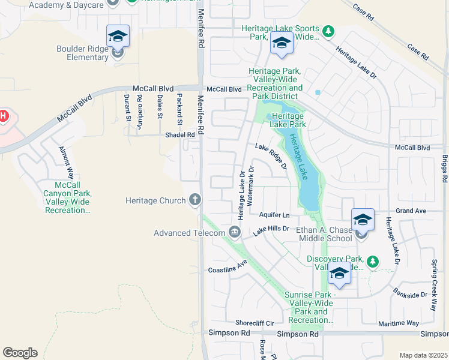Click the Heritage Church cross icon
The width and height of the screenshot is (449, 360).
(194, 200)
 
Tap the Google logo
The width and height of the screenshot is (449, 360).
(20, 353)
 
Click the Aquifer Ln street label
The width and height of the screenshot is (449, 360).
(274, 215)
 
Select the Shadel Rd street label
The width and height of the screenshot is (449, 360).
(180, 135)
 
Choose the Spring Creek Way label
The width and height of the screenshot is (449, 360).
(433, 284)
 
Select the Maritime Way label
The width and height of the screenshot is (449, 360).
(399, 323)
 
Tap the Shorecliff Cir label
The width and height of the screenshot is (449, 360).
(254, 323)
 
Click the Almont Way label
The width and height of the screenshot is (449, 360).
(65, 161)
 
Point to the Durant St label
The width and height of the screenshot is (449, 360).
(127, 107)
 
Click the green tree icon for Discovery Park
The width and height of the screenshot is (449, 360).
(373, 261)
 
